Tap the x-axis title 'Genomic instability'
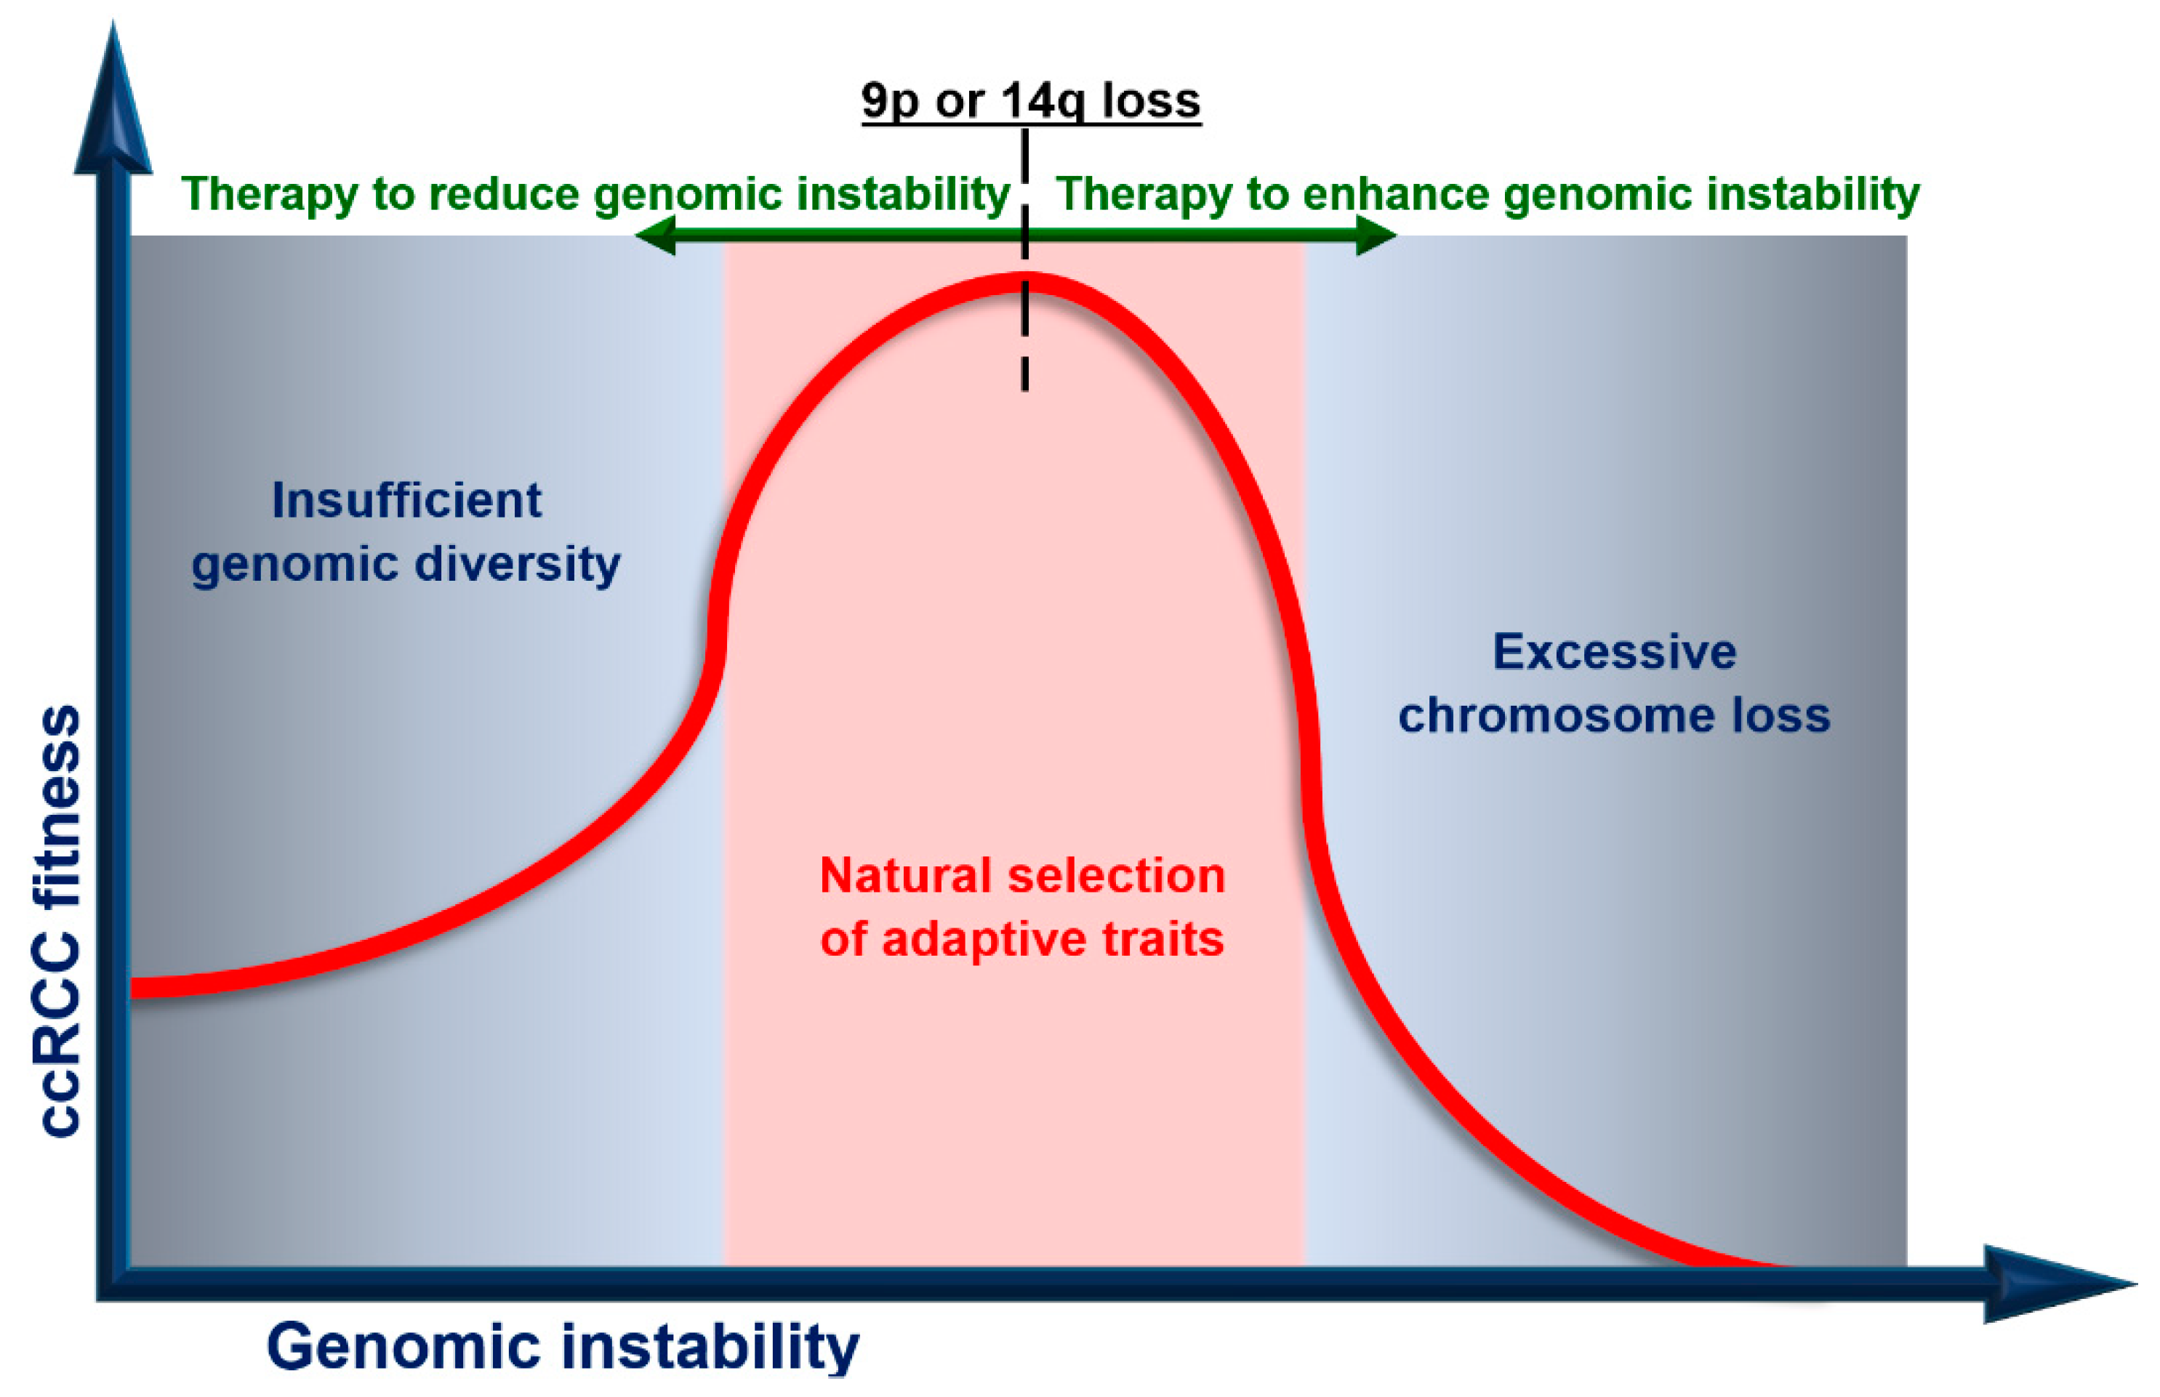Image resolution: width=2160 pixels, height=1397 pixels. click(563, 1346)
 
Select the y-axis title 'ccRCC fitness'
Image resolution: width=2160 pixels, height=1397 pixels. click(60, 921)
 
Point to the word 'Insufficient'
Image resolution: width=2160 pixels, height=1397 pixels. click(406, 500)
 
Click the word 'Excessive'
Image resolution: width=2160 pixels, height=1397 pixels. click(1615, 651)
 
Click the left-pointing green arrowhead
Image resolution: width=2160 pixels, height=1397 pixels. click(654, 235)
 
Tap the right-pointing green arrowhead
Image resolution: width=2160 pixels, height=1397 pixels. click(1376, 235)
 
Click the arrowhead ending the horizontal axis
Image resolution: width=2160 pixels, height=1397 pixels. click(2059, 1283)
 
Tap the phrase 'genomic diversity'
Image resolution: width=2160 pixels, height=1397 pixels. click(406, 564)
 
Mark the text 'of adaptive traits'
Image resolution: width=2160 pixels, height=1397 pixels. click(1022, 939)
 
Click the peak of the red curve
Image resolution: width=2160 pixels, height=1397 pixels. click(1025, 282)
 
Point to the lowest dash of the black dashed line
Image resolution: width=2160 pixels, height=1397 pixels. click(1025, 373)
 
